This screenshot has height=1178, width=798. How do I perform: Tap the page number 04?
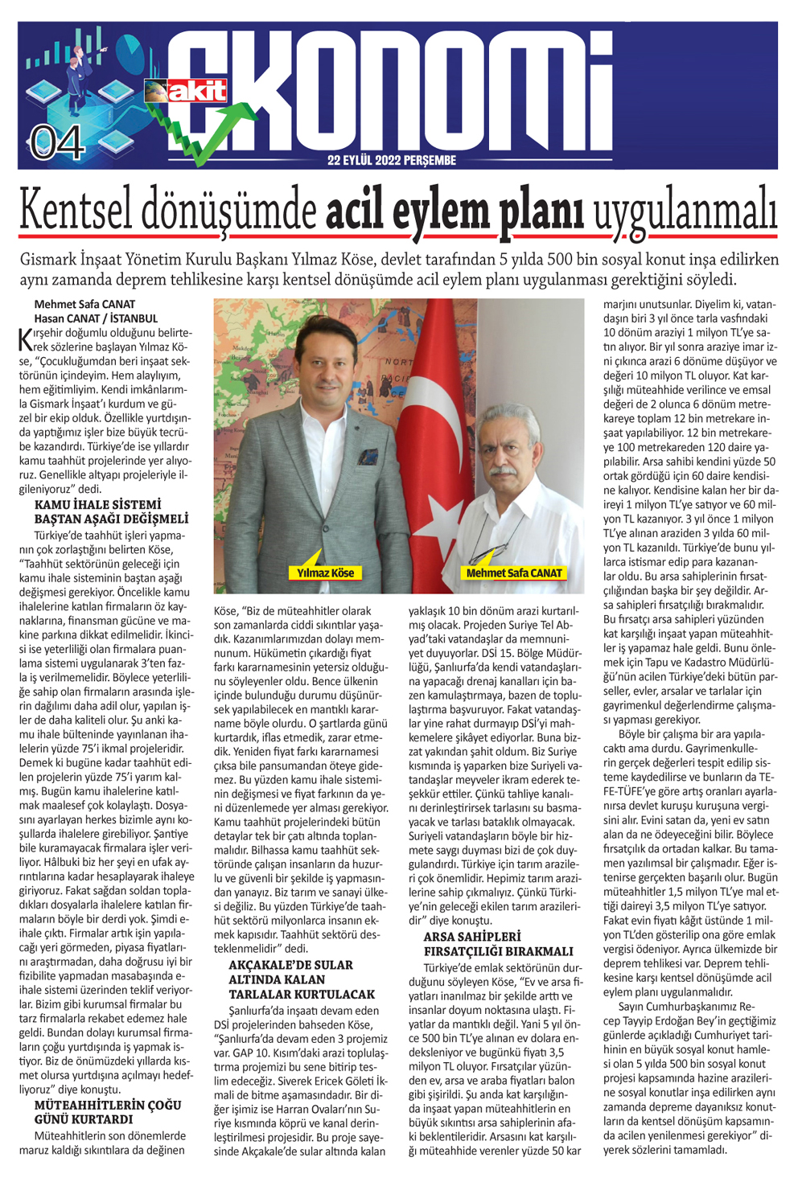point(58,142)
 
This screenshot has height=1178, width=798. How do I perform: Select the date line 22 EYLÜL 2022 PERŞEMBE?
point(392,160)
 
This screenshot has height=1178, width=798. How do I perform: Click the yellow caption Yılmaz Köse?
point(325,573)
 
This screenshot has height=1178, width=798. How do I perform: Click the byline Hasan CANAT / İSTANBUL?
point(96,318)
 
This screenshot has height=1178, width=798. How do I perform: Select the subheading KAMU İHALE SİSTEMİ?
point(97,505)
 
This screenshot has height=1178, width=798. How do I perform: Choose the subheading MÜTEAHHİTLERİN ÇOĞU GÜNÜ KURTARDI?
point(107,1112)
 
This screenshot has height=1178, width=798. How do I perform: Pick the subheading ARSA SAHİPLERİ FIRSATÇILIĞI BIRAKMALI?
point(498,944)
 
